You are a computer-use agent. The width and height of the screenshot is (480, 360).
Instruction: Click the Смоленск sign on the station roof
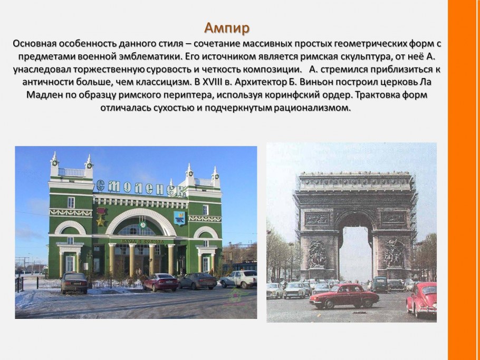140,187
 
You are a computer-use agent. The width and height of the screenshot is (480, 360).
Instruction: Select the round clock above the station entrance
141,225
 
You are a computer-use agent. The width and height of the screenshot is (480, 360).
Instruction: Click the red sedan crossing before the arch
343,297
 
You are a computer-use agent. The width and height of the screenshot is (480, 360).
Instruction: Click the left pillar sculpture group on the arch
318,254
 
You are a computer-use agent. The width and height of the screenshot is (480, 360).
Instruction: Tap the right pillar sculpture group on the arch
393,254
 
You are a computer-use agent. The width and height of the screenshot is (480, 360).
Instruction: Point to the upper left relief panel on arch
317,218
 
